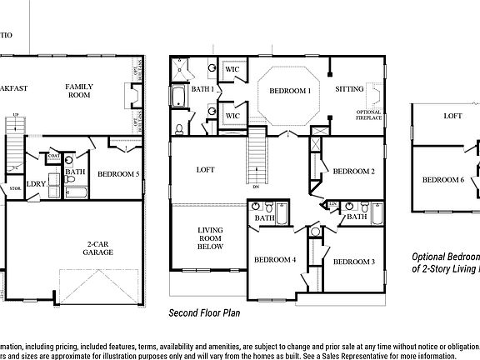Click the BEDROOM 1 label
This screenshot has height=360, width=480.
click(x=288, y=90)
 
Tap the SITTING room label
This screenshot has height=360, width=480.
click(x=349, y=88)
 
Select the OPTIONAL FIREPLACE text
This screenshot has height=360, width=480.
click(x=368, y=116)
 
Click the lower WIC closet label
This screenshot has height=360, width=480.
click(x=233, y=116)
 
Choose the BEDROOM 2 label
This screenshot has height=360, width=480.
click(x=353, y=172)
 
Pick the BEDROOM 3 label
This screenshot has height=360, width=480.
click(x=353, y=262)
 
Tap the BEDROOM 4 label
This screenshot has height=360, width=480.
click(x=275, y=259)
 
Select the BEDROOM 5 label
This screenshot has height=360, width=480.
click(x=118, y=174)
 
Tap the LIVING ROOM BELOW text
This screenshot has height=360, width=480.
click(x=208, y=239)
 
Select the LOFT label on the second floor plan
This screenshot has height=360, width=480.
click(x=205, y=169)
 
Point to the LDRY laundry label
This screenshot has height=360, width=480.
click(x=36, y=185)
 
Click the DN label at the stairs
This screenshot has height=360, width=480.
click(x=255, y=187)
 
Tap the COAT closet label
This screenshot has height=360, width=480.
click(x=53, y=155)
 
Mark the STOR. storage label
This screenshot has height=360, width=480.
click(x=14, y=189)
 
